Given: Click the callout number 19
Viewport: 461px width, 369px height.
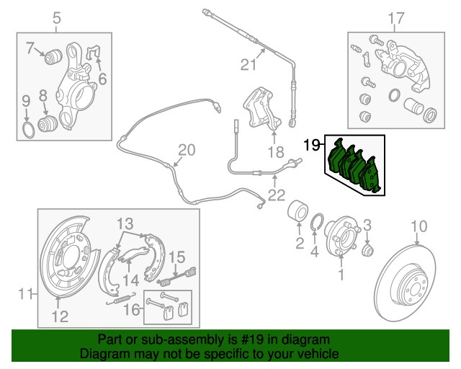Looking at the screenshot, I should pyautogui.click(x=310, y=146).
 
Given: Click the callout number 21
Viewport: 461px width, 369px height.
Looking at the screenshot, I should pyautogui.click(x=248, y=65).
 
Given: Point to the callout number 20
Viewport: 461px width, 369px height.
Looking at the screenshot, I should pyautogui.click(x=187, y=150).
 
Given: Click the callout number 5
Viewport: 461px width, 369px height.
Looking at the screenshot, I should pyautogui.click(x=58, y=17).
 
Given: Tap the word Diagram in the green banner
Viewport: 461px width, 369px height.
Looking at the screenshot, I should pyautogui.click(x=103, y=355).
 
